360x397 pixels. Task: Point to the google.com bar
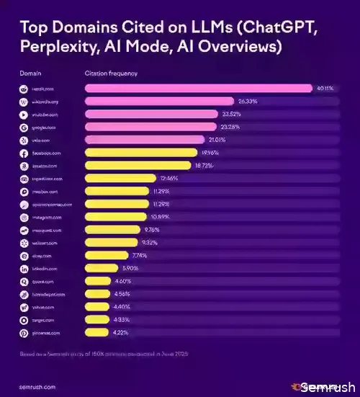(151, 127)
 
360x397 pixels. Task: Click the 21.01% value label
(238, 140)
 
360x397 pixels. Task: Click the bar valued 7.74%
(107, 256)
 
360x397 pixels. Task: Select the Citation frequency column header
(111, 73)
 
